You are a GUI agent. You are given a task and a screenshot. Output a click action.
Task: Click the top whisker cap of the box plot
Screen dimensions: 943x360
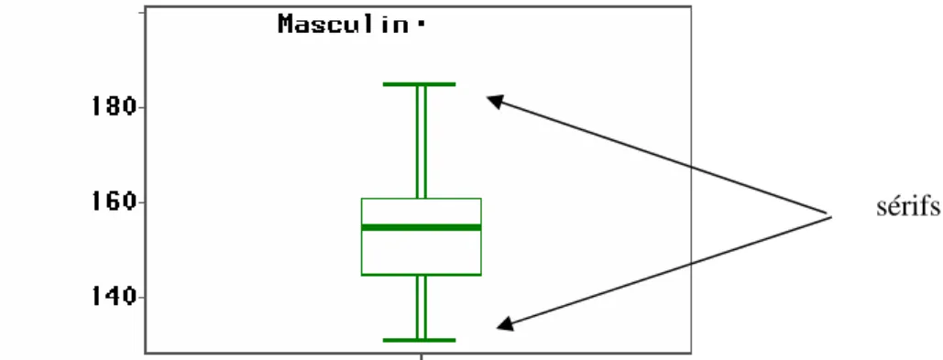(x=419, y=84)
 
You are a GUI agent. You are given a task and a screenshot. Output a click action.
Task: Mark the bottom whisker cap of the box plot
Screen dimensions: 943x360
(x=419, y=340)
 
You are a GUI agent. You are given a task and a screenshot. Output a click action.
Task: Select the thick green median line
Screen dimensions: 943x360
(x=421, y=227)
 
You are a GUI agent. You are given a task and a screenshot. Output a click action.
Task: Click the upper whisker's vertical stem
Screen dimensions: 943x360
(x=421, y=142)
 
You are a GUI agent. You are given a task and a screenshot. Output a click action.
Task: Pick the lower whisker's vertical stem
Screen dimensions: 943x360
(x=421, y=307)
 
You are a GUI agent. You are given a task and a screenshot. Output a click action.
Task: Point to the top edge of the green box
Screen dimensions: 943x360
(x=421, y=199)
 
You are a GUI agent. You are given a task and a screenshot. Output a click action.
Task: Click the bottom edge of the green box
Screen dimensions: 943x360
(x=421, y=275)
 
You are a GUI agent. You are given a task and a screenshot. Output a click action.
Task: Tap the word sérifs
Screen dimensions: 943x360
(x=907, y=206)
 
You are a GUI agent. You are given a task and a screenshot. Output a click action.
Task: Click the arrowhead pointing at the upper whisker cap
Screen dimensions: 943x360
(x=494, y=101)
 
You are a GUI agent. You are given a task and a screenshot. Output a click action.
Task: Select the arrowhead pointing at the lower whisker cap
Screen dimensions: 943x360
(x=504, y=324)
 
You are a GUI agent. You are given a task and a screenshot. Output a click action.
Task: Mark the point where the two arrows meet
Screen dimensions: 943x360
(x=831, y=214)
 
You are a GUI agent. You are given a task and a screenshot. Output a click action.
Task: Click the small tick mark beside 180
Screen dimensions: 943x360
(x=141, y=107)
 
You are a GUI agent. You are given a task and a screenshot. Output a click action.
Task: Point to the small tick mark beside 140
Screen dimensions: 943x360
(x=141, y=298)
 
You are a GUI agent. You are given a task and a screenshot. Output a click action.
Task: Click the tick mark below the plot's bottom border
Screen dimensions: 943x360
(x=421, y=356)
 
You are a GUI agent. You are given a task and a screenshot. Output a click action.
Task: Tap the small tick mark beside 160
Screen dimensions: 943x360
(x=141, y=202)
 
